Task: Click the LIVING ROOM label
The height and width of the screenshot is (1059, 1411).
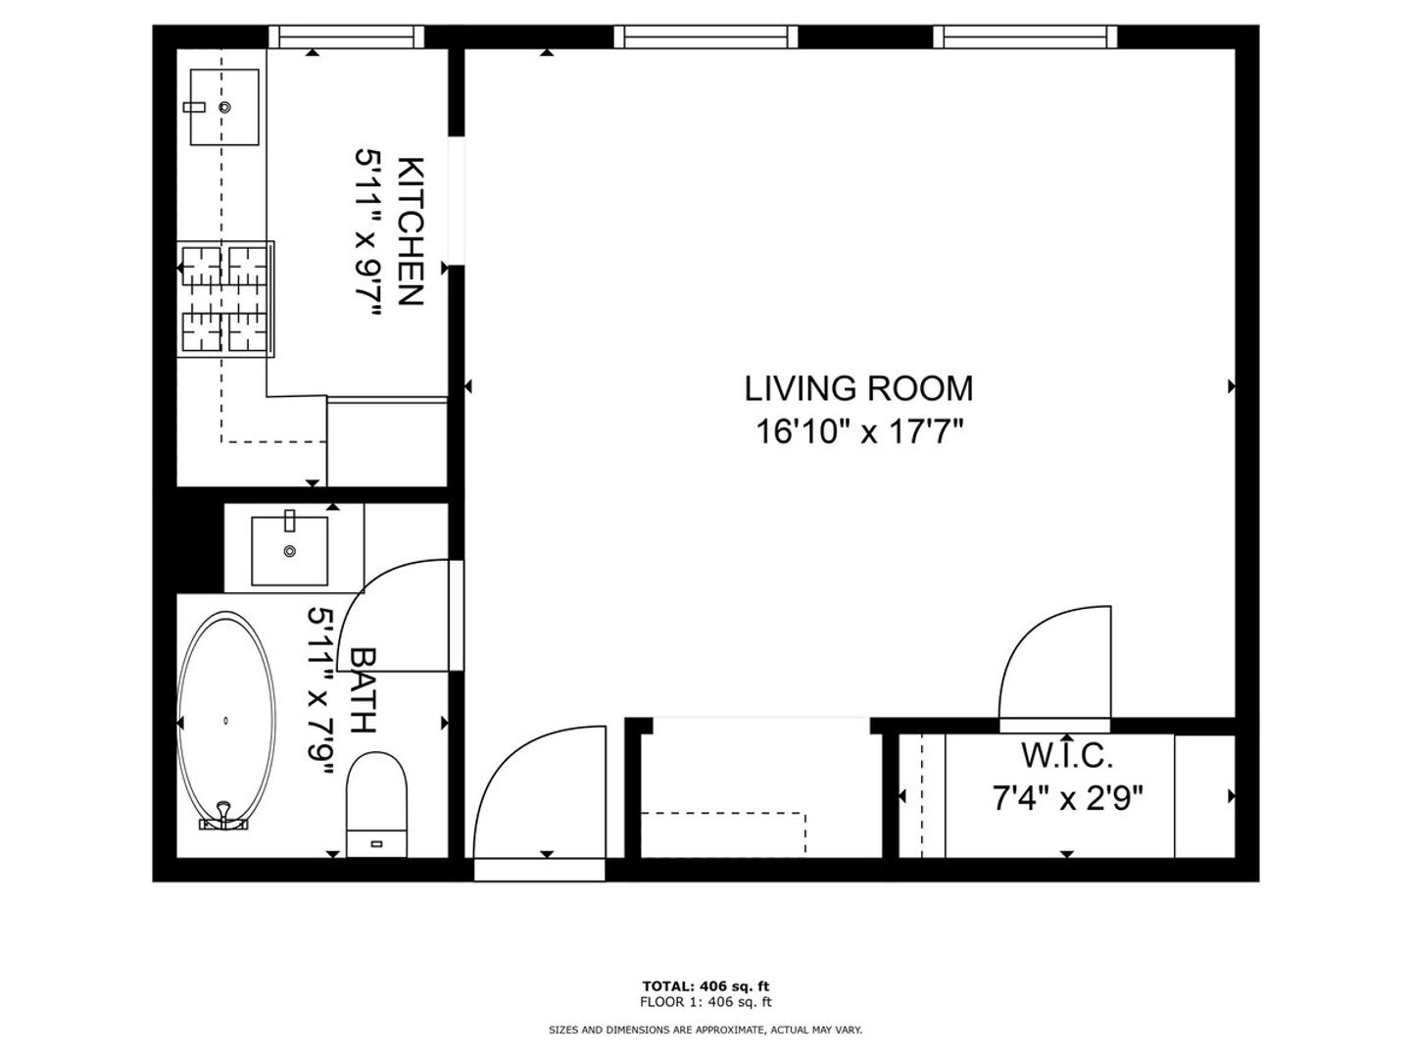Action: [858, 389]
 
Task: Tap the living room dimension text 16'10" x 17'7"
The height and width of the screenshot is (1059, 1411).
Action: [859, 431]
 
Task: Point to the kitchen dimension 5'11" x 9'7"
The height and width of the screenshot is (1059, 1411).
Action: [369, 232]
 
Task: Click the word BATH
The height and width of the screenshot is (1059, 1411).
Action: [362, 690]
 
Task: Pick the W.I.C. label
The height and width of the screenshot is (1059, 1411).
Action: [1066, 756]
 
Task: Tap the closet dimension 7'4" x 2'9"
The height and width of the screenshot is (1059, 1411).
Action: [1067, 799]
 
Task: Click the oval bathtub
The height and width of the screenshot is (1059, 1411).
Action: [226, 722]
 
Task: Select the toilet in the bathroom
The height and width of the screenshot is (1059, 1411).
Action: [376, 804]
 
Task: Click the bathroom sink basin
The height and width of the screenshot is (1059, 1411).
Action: [289, 551]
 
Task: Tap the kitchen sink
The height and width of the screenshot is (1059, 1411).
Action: [224, 108]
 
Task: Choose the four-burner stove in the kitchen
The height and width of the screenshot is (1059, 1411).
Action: [225, 299]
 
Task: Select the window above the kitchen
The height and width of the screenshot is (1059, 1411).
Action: [347, 36]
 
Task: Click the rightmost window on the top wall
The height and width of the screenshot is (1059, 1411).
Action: [1025, 36]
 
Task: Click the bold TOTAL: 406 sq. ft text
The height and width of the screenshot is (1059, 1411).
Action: [705, 986]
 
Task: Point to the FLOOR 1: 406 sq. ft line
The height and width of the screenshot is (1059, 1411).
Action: [705, 1002]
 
